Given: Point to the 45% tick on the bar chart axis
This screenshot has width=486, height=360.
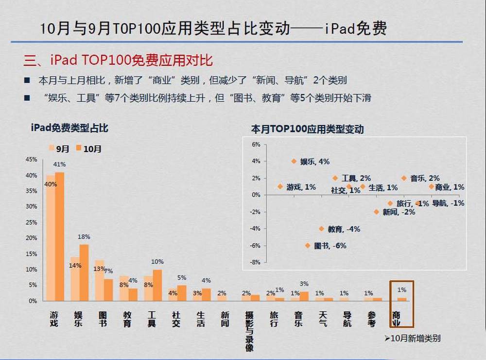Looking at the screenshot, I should click(x=31, y=159).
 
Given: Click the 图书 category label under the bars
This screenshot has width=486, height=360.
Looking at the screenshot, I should click(x=103, y=319).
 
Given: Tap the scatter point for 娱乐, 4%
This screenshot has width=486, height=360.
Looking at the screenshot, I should click(x=294, y=161).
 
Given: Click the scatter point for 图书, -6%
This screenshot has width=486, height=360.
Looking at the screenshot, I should click(x=307, y=246).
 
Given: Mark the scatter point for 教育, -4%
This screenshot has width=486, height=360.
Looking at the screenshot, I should click(x=321, y=229).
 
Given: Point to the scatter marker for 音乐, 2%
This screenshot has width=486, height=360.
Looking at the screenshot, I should click(x=404, y=178).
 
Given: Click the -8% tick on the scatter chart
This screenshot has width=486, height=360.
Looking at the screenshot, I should click(x=256, y=262).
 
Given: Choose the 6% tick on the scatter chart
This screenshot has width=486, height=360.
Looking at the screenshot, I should click(x=257, y=144).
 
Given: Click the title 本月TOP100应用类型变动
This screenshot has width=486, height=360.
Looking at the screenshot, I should click(x=307, y=129).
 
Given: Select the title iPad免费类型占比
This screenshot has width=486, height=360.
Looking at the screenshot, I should click(x=69, y=128).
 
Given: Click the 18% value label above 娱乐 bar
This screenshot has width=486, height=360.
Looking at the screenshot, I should click(x=84, y=236).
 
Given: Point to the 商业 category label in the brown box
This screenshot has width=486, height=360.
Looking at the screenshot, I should click(x=397, y=319).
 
